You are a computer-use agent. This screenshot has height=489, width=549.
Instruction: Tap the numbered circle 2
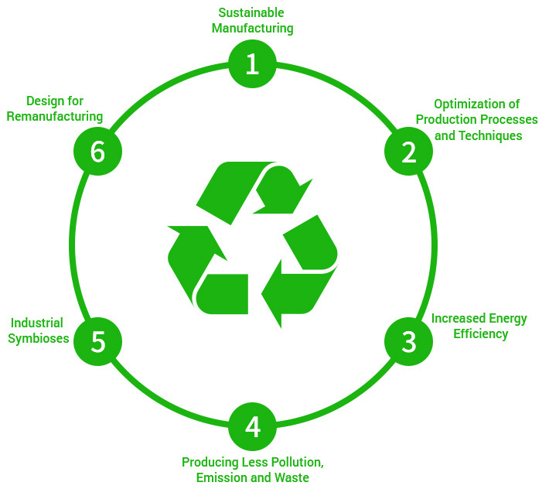[x=408, y=152]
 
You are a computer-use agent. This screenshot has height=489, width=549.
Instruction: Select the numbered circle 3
[x=408, y=341]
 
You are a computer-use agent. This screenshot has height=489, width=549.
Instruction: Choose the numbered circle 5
[x=97, y=341]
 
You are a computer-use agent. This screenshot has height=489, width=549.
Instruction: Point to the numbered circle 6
[x=97, y=152]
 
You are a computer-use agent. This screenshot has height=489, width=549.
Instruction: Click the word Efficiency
[x=481, y=333]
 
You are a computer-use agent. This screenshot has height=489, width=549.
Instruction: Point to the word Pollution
[x=295, y=462]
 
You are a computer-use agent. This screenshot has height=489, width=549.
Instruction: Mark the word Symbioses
[x=39, y=338]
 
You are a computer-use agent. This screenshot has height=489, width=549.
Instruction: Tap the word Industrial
[x=37, y=323]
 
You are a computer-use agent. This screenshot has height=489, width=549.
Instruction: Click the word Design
[x=45, y=101]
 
